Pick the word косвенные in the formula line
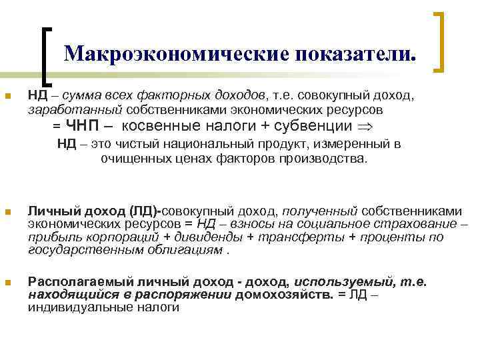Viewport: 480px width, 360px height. point(159,126)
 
